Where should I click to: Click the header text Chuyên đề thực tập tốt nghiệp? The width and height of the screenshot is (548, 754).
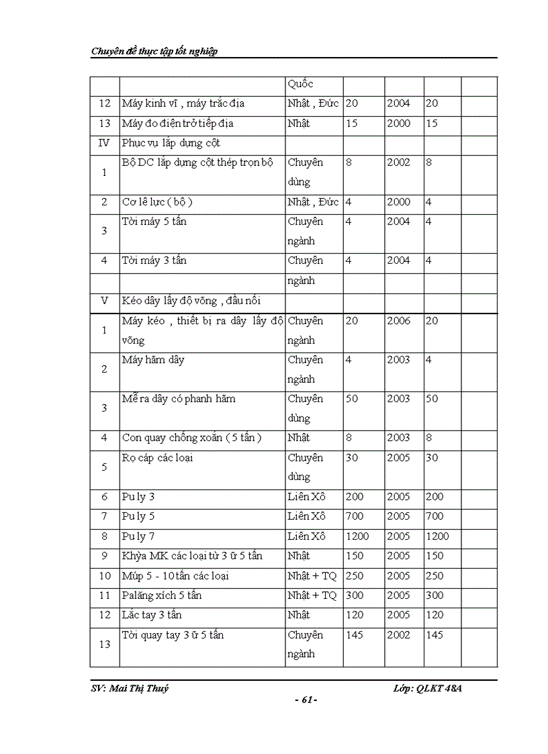click(x=154, y=51)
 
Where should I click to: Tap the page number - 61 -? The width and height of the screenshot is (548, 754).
click(x=306, y=700)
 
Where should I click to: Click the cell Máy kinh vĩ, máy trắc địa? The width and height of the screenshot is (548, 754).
click(x=183, y=103)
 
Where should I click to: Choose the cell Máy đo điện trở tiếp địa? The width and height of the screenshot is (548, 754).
click(x=177, y=124)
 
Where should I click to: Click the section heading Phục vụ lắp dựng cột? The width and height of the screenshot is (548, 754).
click(x=171, y=143)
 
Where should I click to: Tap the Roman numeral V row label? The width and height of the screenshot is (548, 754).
click(x=104, y=300)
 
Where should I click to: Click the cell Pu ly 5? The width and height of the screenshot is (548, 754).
click(x=138, y=516)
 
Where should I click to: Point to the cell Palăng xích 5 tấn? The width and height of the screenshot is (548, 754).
click(x=161, y=596)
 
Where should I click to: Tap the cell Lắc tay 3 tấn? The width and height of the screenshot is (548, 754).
click(x=152, y=615)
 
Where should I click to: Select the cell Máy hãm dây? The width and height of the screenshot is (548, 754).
click(x=153, y=360)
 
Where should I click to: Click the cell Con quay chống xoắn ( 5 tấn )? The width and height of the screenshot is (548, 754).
click(x=191, y=438)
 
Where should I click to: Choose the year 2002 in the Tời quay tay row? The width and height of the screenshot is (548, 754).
click(x=398, y=634)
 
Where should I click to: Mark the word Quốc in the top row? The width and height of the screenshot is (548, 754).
click(x=300, y=84)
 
